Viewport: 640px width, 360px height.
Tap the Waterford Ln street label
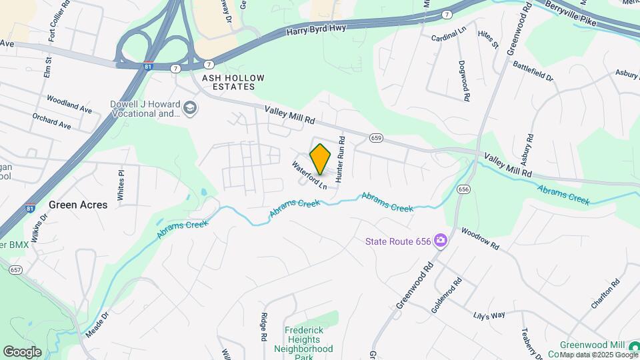tap(309, 174)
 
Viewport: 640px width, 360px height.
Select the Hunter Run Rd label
tap(339, 160)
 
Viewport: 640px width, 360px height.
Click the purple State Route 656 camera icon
tap(440, 241)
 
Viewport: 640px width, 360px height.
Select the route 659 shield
tap(377, 138)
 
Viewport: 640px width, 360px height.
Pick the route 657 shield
tap(16, 270)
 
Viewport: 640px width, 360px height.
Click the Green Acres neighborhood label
tap(78, 205)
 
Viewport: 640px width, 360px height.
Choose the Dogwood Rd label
tap(463, 81)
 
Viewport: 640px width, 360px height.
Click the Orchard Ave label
tap(51, 121)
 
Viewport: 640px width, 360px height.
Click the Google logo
tap(22, 351)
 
